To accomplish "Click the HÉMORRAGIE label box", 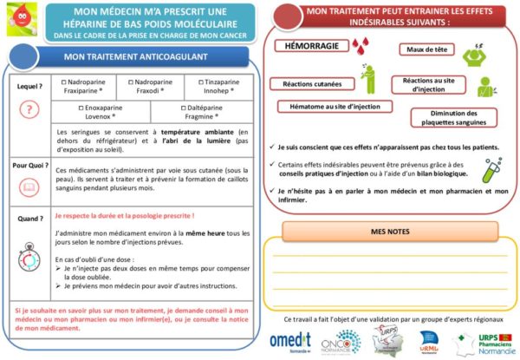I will pyautogui.click(x=309, y=44).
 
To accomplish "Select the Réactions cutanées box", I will pyautogui.click(x=309, y=84).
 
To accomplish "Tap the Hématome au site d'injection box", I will pyautogui.click(x=333, y=107).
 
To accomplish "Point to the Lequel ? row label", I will pyautogui.click(x=29, y=88).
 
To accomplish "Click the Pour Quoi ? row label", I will pyautogui.click(x=29, y=165).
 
